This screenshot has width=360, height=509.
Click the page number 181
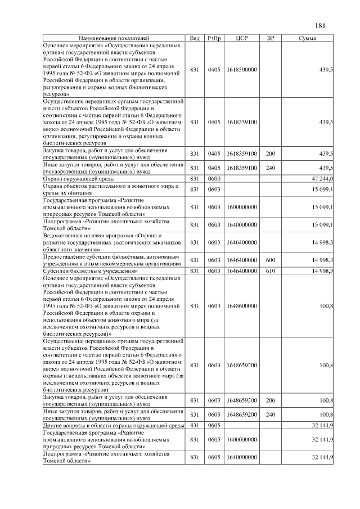[x=321, y=25]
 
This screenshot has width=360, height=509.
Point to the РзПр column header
[x=214, y=38]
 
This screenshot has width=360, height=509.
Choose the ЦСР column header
[x=242, y=38]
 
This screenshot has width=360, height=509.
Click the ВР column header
[x=271, y=38]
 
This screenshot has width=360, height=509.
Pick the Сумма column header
[x=307, y=38]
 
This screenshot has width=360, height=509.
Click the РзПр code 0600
[x=214, y=178]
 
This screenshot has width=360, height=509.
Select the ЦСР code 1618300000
[x=242, y=70]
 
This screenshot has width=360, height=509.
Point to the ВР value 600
[x=271, y=260]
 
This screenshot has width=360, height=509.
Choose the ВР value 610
[x=271, y=271]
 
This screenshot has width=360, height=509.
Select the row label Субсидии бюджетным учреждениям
[x=82, y=271]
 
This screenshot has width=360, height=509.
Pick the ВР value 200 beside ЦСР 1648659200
[x=271, y=400]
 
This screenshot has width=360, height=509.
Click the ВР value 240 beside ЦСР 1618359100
[x=271, y=168]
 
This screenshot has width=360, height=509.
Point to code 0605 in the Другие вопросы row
[x=214, y=425]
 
